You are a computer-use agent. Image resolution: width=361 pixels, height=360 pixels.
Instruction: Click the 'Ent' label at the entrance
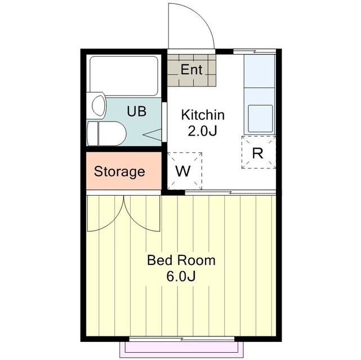(191, 70)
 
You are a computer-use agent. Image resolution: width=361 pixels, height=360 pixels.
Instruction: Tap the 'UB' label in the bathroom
(136, 111)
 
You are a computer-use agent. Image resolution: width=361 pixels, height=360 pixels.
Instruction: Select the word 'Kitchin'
(202, 115)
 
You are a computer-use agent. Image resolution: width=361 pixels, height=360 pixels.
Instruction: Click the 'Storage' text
(119, 172)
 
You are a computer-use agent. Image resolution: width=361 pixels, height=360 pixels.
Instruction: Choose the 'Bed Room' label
(181, 260)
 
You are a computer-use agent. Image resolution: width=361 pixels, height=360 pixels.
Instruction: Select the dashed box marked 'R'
(258, 152)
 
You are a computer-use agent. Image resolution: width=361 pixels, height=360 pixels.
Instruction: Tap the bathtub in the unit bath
(123, 76)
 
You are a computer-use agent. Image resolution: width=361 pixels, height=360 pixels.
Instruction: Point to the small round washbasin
(98, 106)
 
